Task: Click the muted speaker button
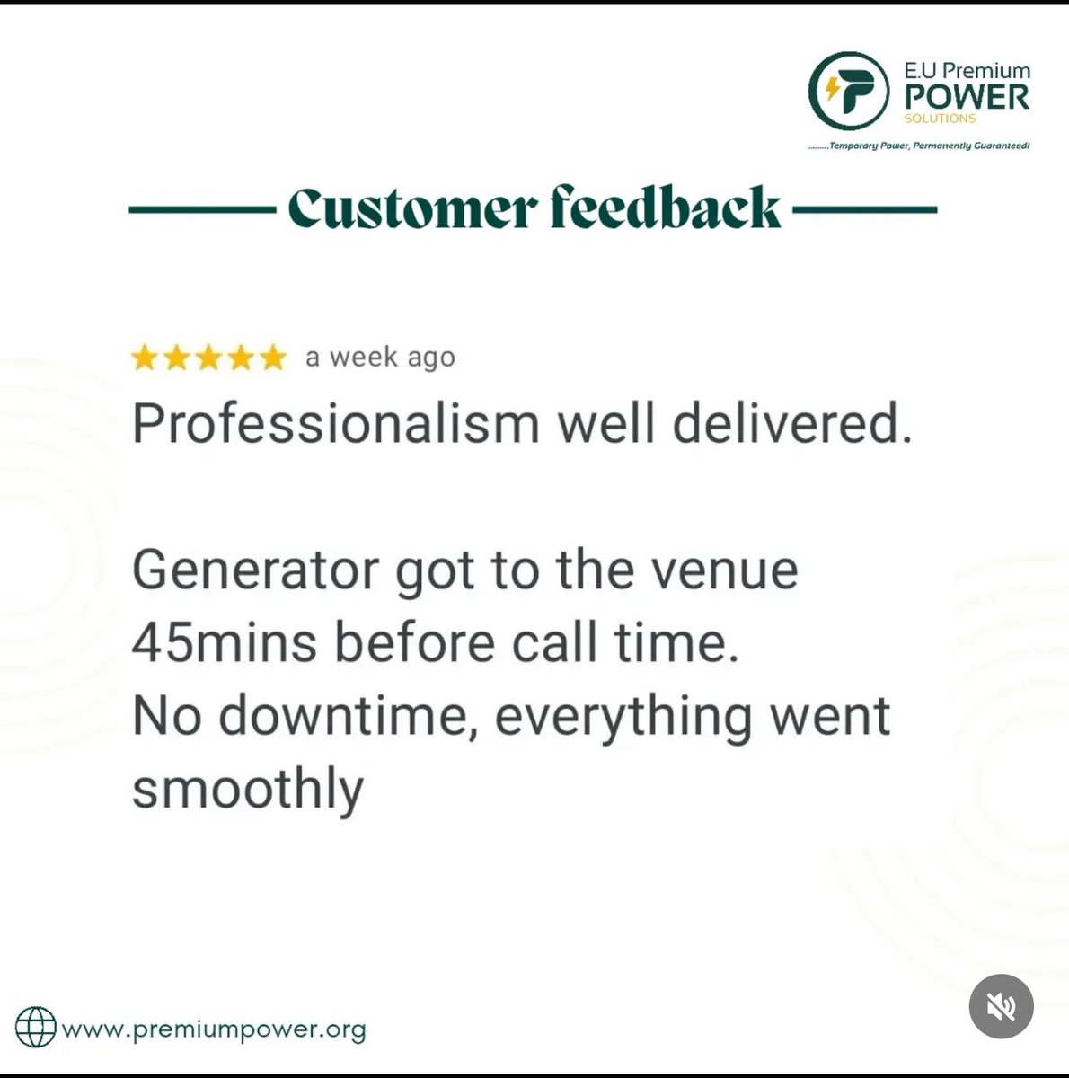(1002, 1007)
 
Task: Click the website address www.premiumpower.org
(214, 1029)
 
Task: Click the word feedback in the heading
(666, 209)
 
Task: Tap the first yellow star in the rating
(144, 359)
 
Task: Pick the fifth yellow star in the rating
(272, 359)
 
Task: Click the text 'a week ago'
(380, 358)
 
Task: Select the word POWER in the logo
(967, 97)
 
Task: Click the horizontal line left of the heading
(201, 210)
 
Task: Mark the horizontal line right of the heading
(865, 210)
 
